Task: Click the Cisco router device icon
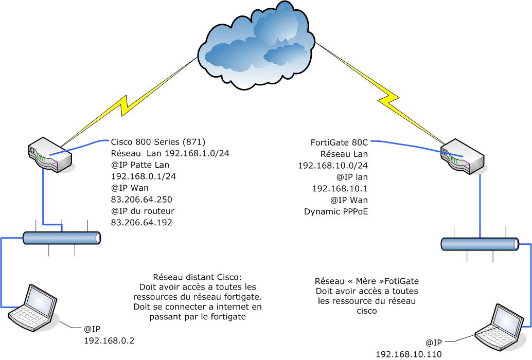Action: [48, 155]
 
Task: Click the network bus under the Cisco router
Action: [62, 238]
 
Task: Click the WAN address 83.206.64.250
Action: [141, 199]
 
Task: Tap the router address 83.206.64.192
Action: [141, 222]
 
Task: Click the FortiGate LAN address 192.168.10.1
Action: [340, 188]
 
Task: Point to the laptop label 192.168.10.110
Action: [409, 354]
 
